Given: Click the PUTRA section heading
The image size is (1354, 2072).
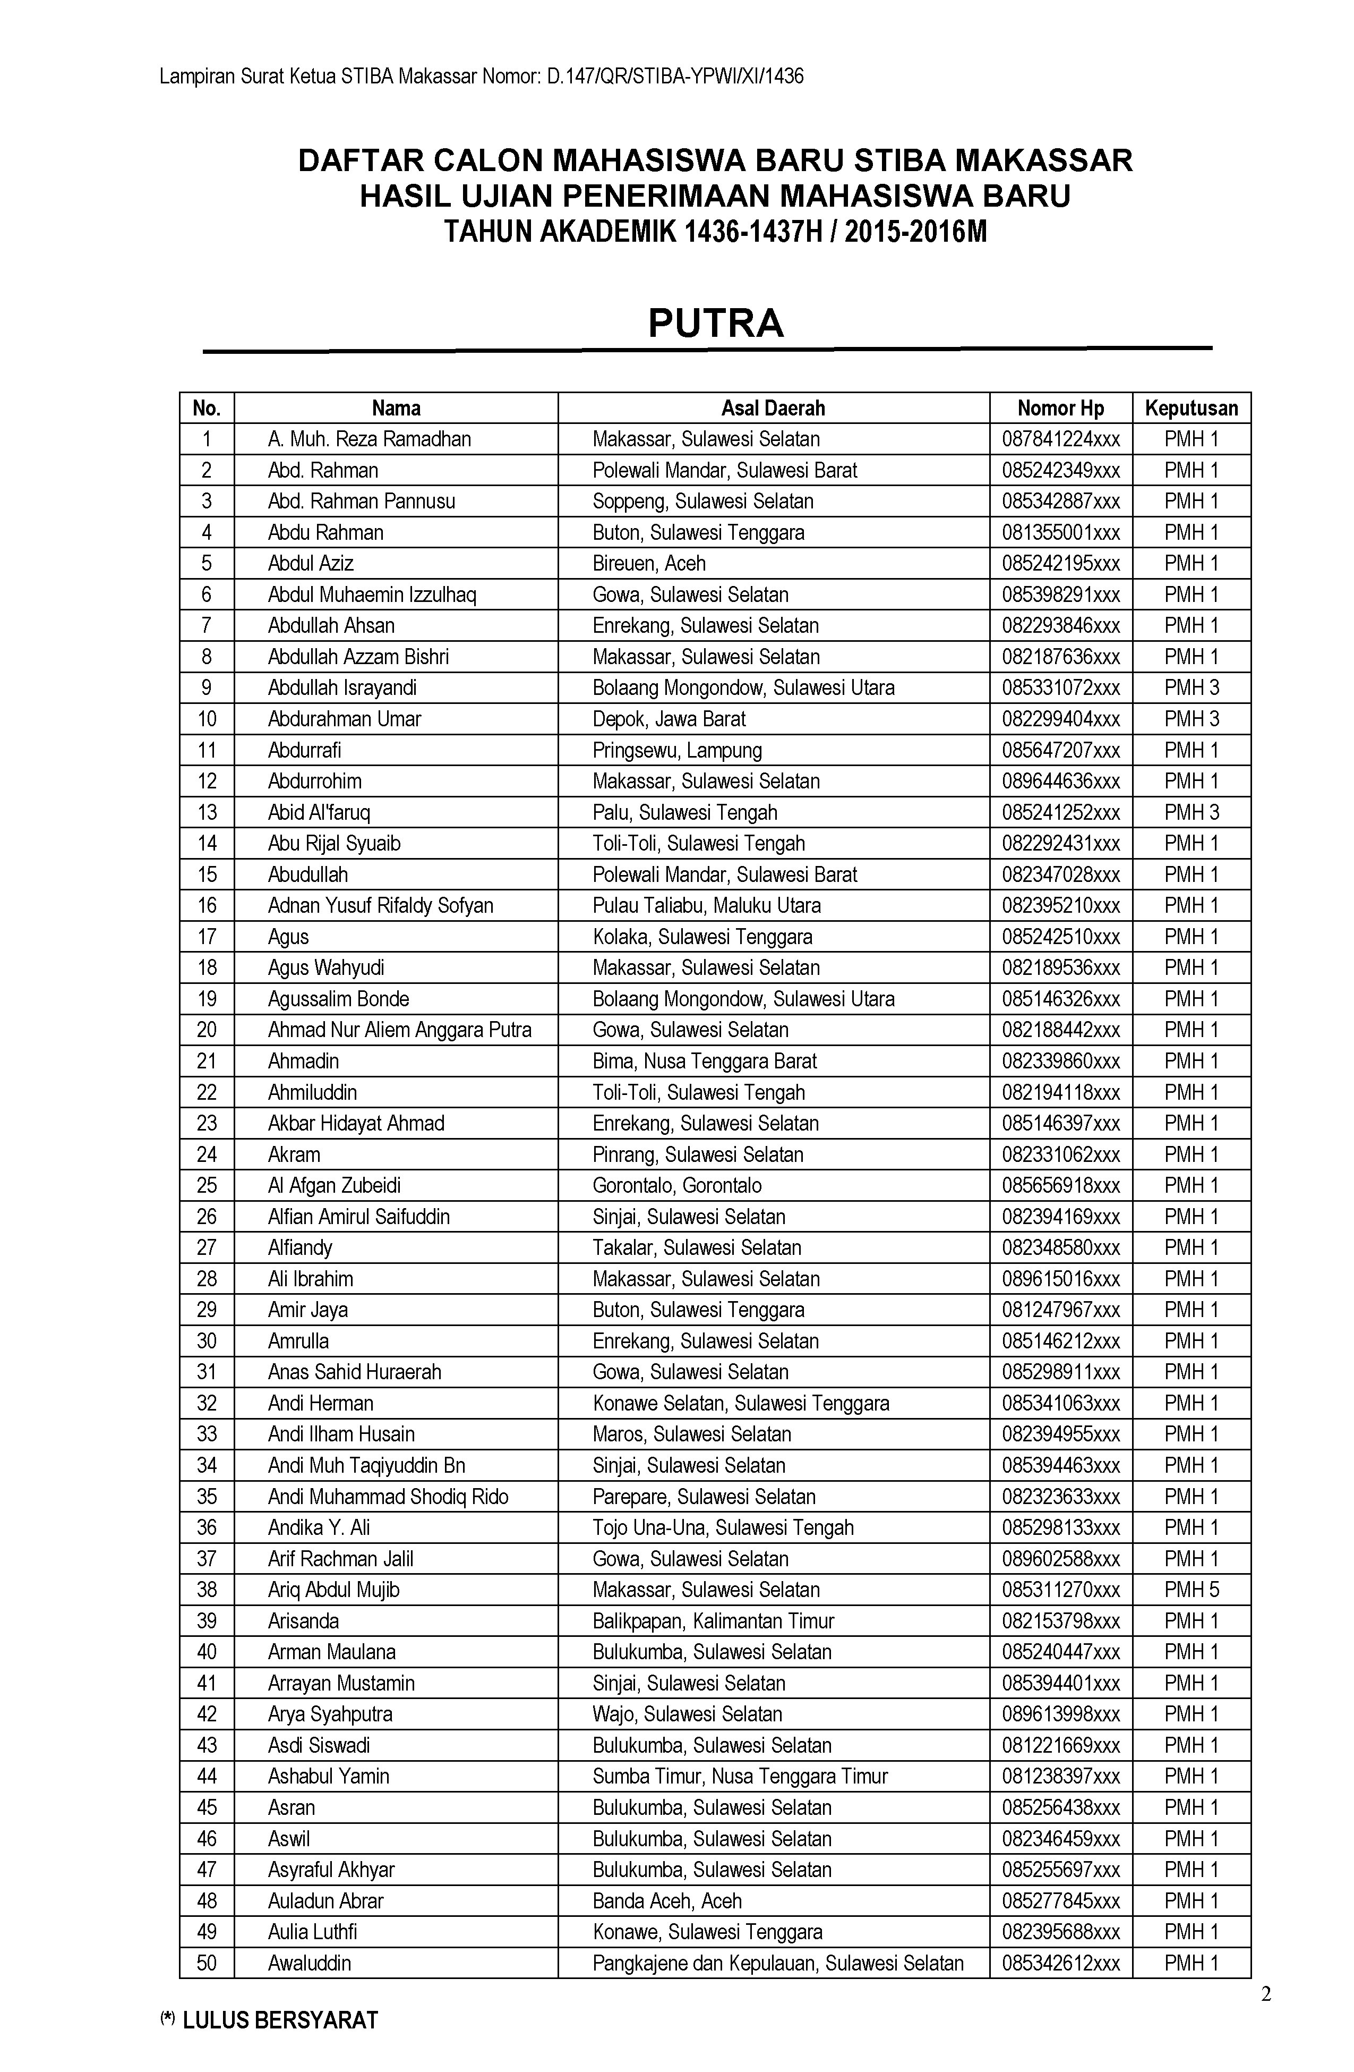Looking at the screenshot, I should [x=715, y=323].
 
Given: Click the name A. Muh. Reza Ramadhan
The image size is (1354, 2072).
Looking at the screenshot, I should [x=369, y=439].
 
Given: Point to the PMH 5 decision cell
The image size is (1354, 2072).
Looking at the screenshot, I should [x=1192, y=1590].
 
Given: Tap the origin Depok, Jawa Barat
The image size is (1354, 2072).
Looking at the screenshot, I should [x=669, y=719].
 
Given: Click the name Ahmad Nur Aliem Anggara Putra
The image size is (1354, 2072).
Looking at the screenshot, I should [x=399, y=1030].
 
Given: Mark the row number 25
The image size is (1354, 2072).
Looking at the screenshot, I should [x=206, y=1186].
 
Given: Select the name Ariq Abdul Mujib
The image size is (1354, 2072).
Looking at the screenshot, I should [x=333, y=1590].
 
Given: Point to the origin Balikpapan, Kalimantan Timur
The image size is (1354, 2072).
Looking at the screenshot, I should [x=713, y=1621].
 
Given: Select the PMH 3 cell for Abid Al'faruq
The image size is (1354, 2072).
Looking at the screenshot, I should [x=1192, y=812].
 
